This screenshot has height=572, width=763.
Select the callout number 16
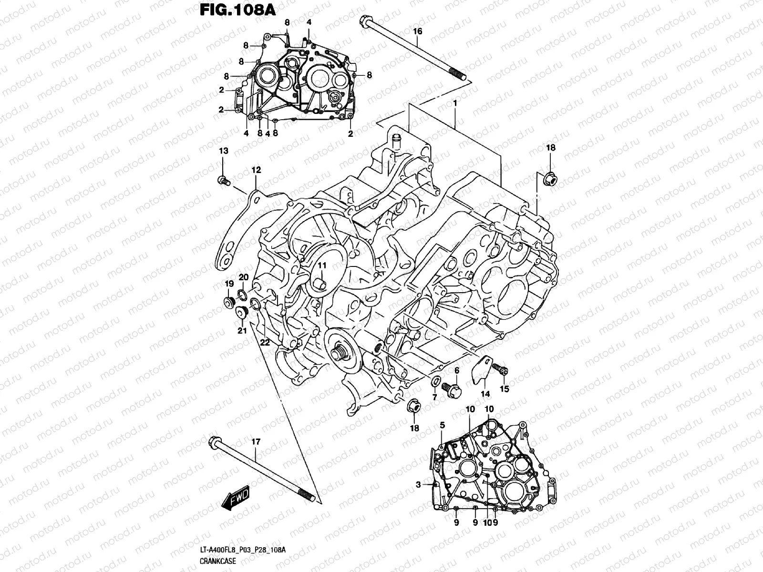417,31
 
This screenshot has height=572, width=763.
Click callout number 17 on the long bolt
256,442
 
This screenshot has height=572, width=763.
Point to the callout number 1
455,103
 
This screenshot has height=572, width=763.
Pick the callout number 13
223,151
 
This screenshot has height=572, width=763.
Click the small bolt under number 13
223,180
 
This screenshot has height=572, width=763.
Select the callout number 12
256,170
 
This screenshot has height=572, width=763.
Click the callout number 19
229,284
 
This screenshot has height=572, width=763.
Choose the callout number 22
265,342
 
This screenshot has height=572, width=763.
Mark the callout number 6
456,370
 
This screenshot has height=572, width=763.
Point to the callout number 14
485,394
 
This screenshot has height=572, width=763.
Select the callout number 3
418,485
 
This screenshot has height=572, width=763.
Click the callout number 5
442,425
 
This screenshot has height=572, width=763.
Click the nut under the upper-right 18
549,179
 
